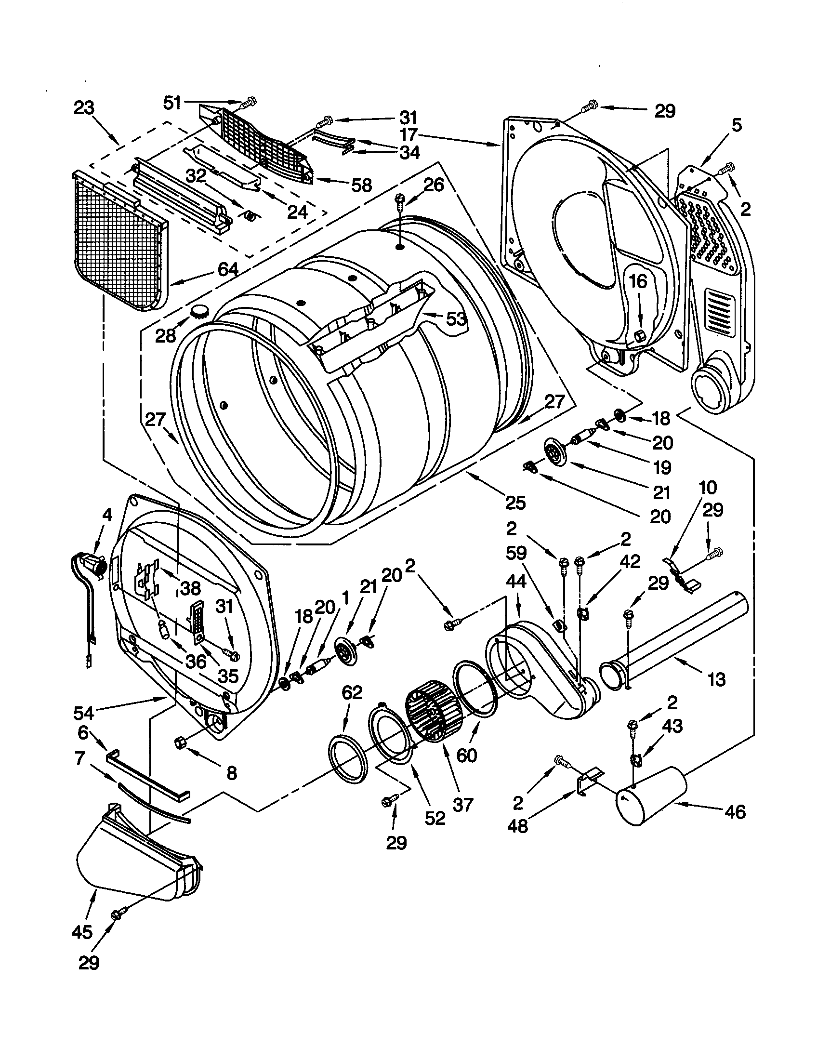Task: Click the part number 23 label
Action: click(x=83, y=107)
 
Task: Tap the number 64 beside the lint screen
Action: click(x=227, y=269)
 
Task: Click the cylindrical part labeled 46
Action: click(x=650, y=795)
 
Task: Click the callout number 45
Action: click(x=82, y=945)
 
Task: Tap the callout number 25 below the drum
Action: click(x=515, y=503)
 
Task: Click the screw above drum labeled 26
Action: click(x=401, y=199)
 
